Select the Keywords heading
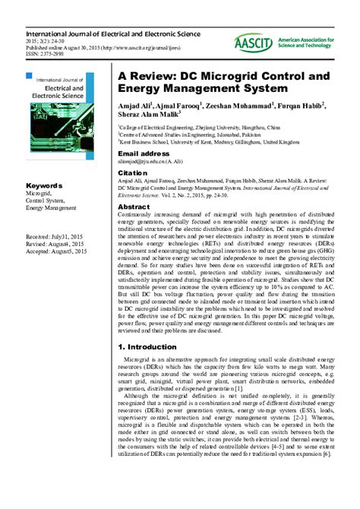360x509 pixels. tap(44, 185)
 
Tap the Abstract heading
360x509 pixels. tap(134, 207)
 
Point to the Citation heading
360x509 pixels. tap(134, 173)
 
